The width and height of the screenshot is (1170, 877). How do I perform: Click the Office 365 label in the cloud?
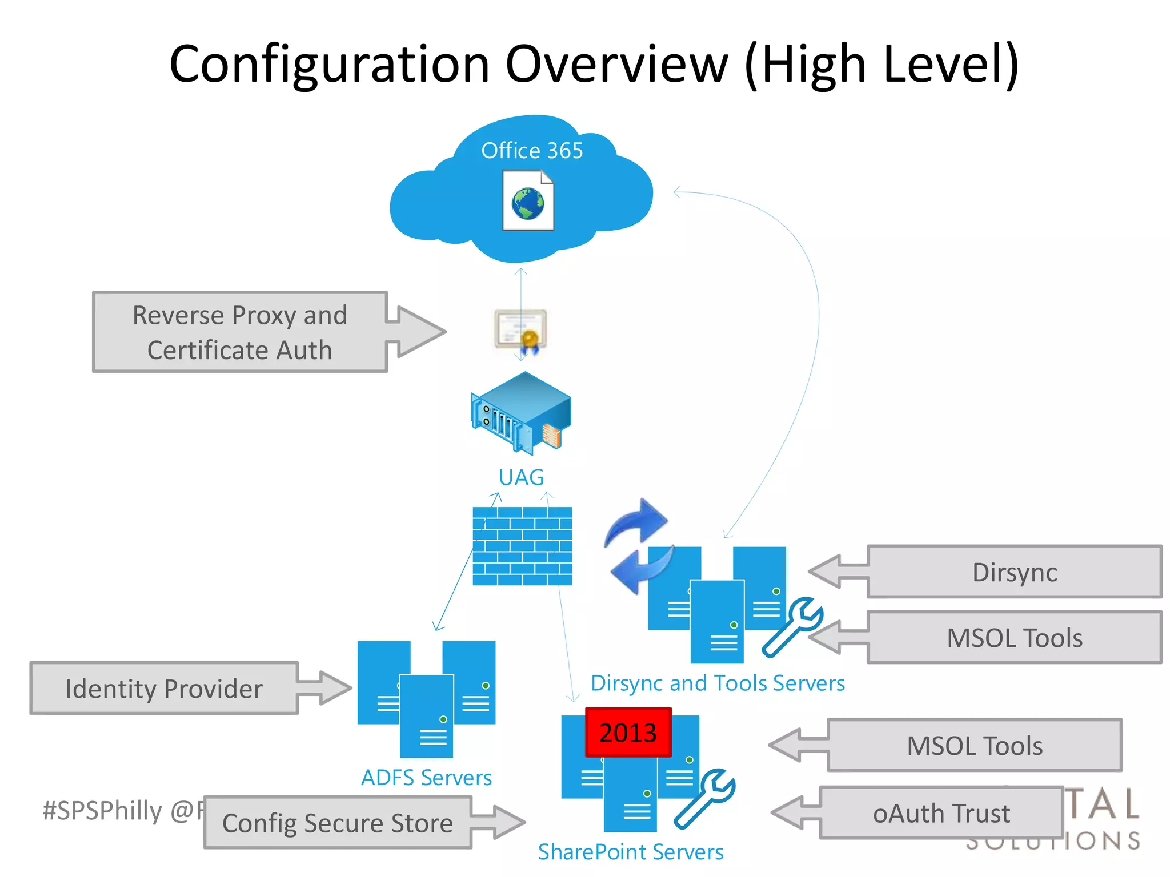[532, 151]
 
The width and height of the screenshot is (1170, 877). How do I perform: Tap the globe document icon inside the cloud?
[528, 201]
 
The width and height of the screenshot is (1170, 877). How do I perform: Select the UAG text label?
[521, 477]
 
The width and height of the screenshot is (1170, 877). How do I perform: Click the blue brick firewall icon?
[522, 546]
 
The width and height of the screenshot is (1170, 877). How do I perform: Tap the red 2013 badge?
[628, 733]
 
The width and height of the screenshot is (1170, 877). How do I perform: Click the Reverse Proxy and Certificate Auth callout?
[240, 332]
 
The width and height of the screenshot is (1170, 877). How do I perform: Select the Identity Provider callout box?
[165, 689]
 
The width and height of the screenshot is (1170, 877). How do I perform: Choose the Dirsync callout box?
[1014, 572]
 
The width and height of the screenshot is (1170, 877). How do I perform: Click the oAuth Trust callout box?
[941, 813]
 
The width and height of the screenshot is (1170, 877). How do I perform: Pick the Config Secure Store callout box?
[338, 823]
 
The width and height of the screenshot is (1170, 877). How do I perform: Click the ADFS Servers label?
[426, 778]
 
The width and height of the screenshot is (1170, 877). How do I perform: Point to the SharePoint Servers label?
[630, 852]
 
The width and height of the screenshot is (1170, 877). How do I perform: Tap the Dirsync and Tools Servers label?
[718, 683]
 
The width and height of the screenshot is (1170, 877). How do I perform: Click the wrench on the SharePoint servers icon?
[706, 798]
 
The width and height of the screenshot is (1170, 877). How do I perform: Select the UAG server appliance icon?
[521, 412]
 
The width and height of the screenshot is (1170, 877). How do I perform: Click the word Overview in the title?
[617, 64]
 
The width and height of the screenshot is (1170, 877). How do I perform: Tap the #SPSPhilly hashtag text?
[103, 811]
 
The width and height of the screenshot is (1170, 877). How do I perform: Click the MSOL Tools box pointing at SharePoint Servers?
[975, 746]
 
